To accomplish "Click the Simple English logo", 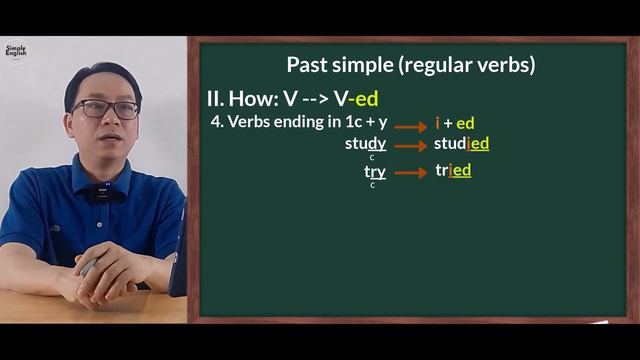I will pyautogui.click(x=16, y=51).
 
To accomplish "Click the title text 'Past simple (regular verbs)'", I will pyautogui.click(x=411, y=65).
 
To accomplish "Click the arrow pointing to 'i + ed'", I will pyautogui.click(x=410, y=126).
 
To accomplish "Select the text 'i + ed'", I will pyautogui.click(x=454, y=123).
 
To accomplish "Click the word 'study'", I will pyautogui.click(x=365, y=144).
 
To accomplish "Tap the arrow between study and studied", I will pyautogui.click(x=410, y=146).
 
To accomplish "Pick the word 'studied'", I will pyautogui.click(x=461, y=144).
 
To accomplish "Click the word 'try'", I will pyautogui.click(x=374, y=171).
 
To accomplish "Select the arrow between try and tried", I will pyautogui.click(x=410, y=173).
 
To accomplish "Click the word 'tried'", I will pyautogui.click(x=453, y=171).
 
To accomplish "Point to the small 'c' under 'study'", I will pyautogui.click(x=372, y=157).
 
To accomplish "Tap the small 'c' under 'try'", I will pyautogui.click(x=372, y=185).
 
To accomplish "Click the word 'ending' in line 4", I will pyautogui.click(x=301, y=122).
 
